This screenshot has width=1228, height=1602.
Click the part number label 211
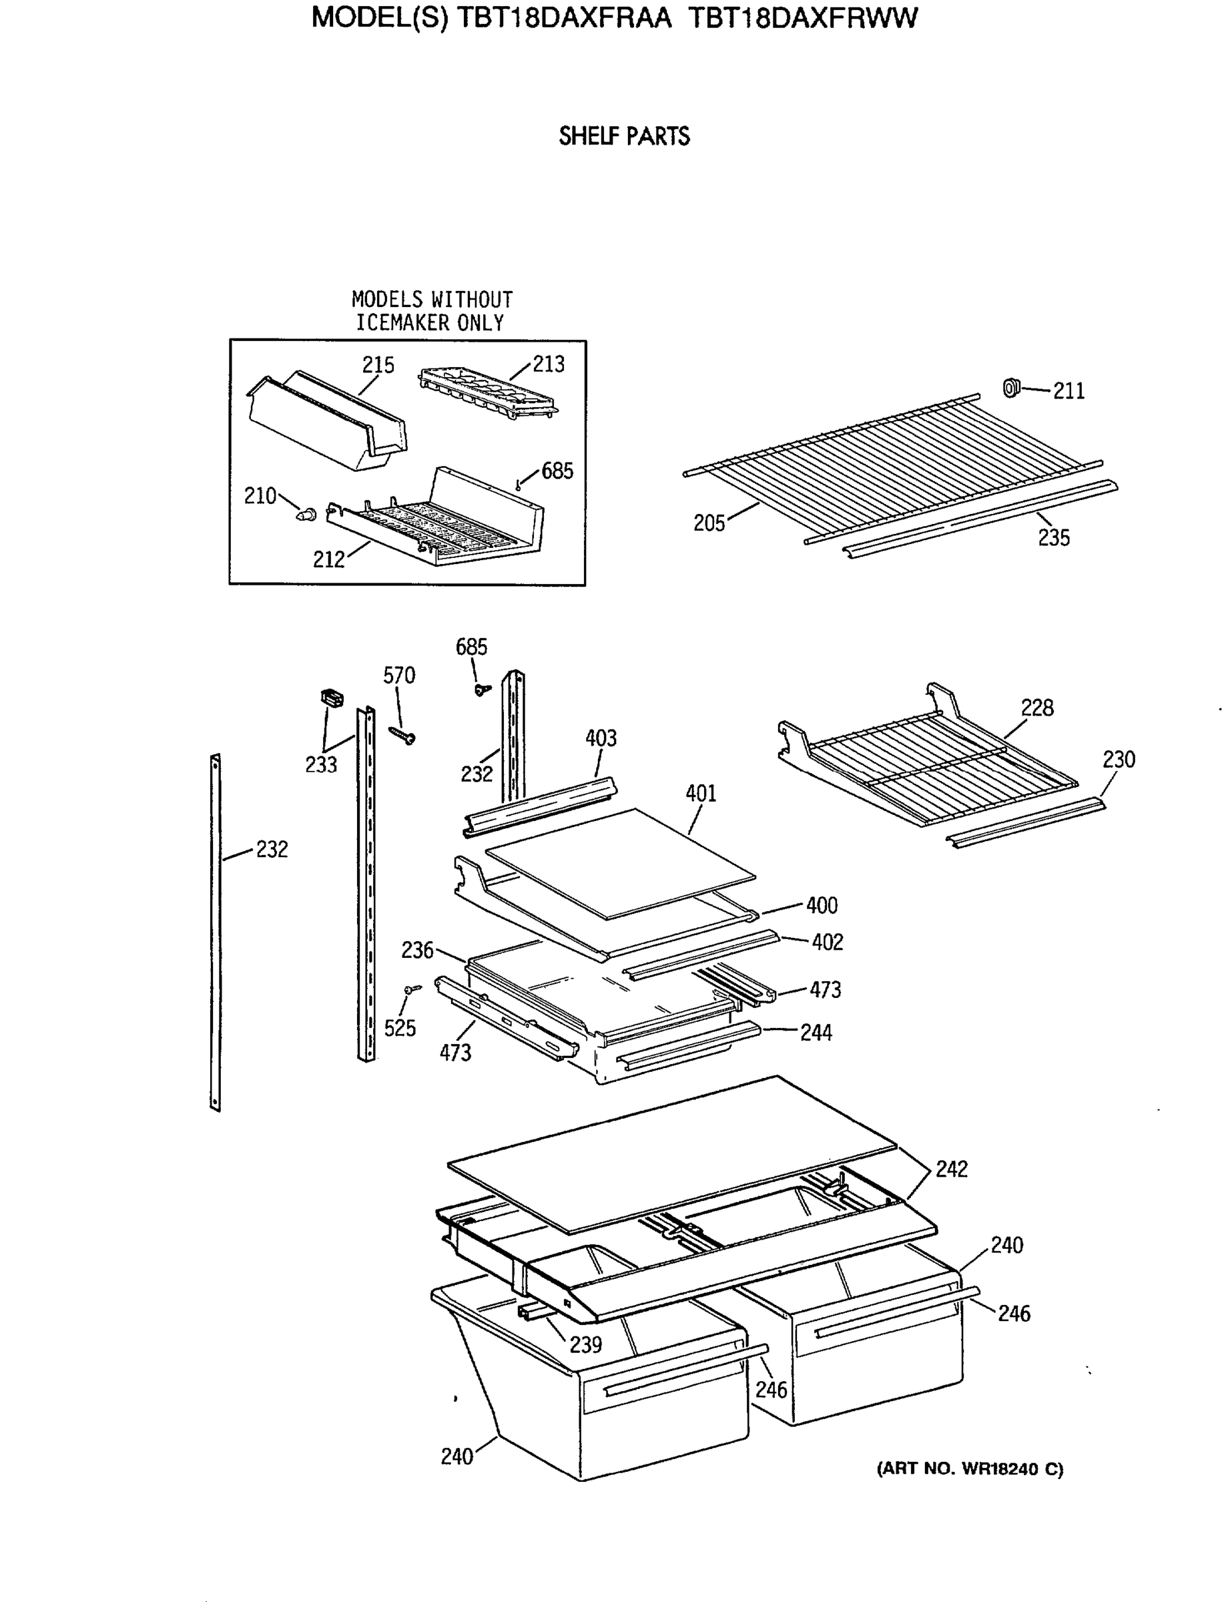(1068, 391)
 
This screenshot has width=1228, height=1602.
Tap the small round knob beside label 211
(1011, 388)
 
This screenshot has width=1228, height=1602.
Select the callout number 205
(708, 523)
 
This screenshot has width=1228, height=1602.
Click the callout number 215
(378, 365)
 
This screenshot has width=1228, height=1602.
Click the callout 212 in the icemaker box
(328, 559)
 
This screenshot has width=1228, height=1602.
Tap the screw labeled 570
(402, 734)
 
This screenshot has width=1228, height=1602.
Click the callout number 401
(700, 793)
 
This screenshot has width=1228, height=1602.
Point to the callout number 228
(1036, 708)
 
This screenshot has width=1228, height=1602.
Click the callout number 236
(416, 950)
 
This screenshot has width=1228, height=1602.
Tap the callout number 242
(951, 1169)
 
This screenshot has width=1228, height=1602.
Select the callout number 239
(585, 1344)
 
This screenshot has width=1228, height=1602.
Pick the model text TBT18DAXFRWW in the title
(803, 17)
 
